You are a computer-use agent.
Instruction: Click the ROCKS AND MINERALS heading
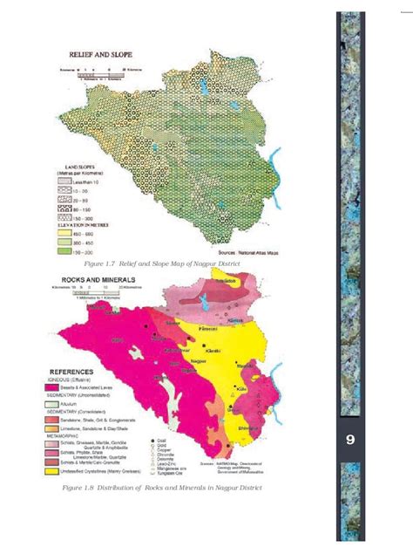click(109, 281)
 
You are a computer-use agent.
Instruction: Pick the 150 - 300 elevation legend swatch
click(64, 250)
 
